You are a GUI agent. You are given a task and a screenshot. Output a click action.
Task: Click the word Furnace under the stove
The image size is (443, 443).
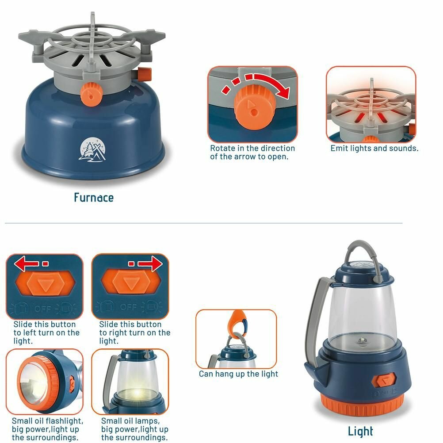[94, 197]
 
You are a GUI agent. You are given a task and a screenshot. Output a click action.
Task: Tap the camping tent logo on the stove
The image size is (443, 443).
[93, 150]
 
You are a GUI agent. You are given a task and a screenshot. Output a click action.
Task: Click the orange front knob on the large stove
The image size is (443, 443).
[91, 94]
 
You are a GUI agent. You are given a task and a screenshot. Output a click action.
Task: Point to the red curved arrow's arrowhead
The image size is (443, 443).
[283, 91]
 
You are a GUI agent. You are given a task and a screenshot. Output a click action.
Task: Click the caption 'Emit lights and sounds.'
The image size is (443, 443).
[374, 148]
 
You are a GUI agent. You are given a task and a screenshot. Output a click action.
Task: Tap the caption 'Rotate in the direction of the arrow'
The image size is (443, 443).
[252, 152]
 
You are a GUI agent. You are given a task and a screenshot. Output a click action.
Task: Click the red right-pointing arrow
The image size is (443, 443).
[150, 264]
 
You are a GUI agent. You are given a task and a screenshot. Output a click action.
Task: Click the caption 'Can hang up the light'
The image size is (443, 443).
[238, 374]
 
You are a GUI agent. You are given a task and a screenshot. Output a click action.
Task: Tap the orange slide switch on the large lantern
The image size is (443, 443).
[384, 380]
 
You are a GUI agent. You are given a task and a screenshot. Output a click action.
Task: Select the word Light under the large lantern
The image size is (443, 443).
[360, 431]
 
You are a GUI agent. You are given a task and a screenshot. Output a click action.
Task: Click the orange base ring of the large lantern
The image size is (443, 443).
[362, 405]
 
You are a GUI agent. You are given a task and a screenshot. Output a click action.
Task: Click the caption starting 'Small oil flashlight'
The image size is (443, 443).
[47, 429]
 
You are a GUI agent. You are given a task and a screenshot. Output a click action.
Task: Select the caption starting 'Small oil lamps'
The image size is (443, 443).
[134, 429]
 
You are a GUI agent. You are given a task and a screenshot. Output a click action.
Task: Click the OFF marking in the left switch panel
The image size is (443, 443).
[42, 309]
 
